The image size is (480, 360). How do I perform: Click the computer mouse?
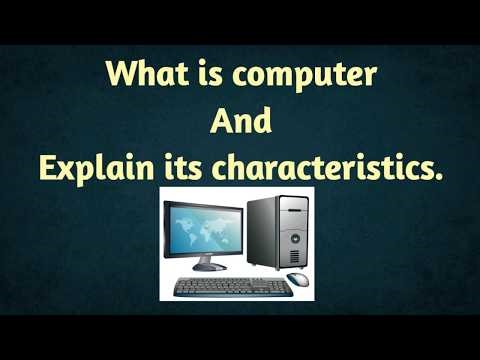[297, 279]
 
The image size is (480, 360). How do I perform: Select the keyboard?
[232, 287]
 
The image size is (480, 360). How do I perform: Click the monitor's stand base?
[209, 267]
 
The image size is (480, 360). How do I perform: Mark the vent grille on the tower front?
[294, 255]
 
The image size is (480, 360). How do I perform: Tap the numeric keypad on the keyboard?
[278, 288]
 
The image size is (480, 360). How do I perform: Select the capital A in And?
[219, 121]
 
